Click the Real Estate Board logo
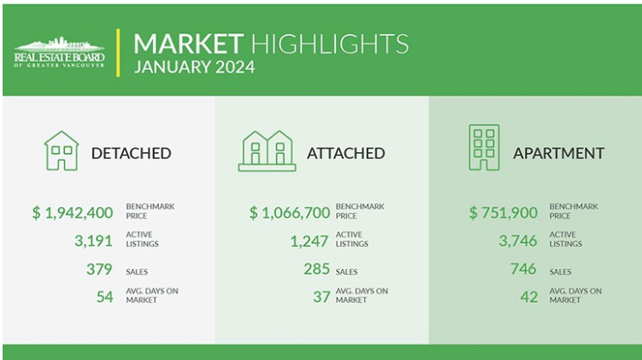[x=59, y=52]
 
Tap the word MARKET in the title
[x=188, y=44]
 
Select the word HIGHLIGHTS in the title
[x=330, y=44]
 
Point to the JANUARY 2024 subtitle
[x=195, y=68]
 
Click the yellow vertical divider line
[x=118, y=53]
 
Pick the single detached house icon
[x=62, y=150]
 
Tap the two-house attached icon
[x=267, y=150]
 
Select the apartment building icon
[x=484, y=147]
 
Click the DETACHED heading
[x=131, y=154]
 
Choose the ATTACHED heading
[x=346, y=154]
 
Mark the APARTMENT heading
[x=558, y=154]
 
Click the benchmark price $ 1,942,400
[x=73, y=213]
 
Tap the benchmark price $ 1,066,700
[x=290, y=213]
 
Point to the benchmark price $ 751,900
[x=504, y=213]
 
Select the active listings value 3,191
[x=93, y=241]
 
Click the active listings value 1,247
[x=309, y=241]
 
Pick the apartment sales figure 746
[x=523, y=269]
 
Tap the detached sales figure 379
[x=99, y=269]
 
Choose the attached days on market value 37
[x=321, y=297]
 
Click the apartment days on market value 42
[x=529, y=297]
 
